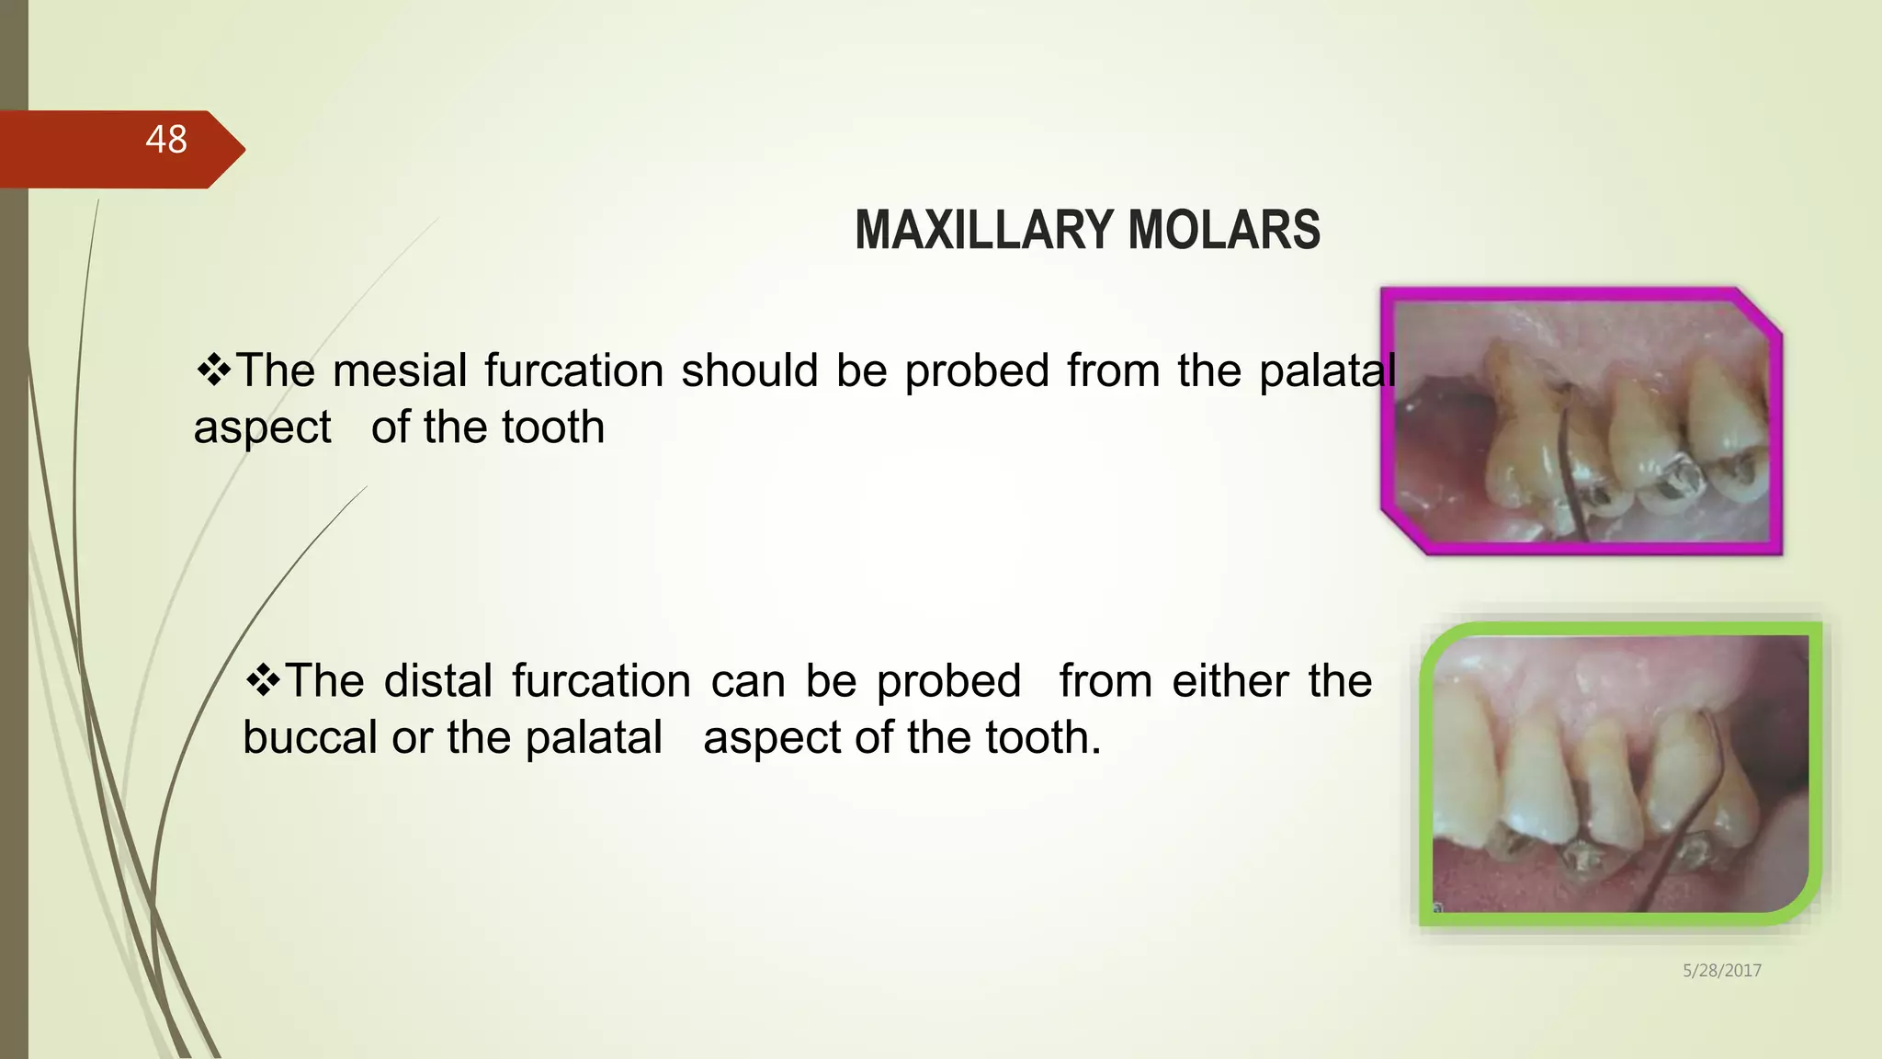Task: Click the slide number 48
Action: pos(166,140)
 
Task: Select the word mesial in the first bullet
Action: pos(401,371)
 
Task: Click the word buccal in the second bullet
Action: pos(309,738)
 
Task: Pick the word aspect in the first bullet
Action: pos(262,428)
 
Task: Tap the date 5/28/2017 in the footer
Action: pos(1721,971)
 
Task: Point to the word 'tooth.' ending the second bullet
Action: pos(1043,738)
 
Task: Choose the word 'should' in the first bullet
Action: pos(749,371)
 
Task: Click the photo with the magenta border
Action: pos(1581,421)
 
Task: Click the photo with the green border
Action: pos(1619,774)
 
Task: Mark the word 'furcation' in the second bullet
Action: pos(602,682)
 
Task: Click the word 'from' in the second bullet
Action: pos(1105,682)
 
